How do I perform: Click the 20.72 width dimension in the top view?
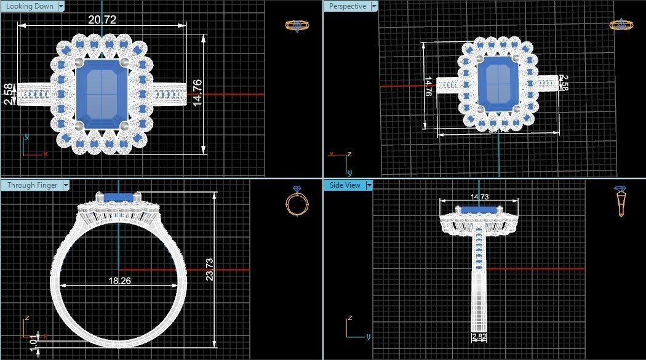[x=102, y=20]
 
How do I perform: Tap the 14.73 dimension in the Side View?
[x=479, y=197]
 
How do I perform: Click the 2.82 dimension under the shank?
[x=479, y=337]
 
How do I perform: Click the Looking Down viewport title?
[x=29, y=6]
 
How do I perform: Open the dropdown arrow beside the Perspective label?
[x=373, y=6]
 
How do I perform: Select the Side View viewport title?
[x=345, y=185]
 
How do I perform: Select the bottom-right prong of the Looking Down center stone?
[x=124, y=126]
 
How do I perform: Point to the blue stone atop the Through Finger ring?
[x=119, y=197]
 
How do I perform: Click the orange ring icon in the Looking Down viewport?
[x=297, y=25]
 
